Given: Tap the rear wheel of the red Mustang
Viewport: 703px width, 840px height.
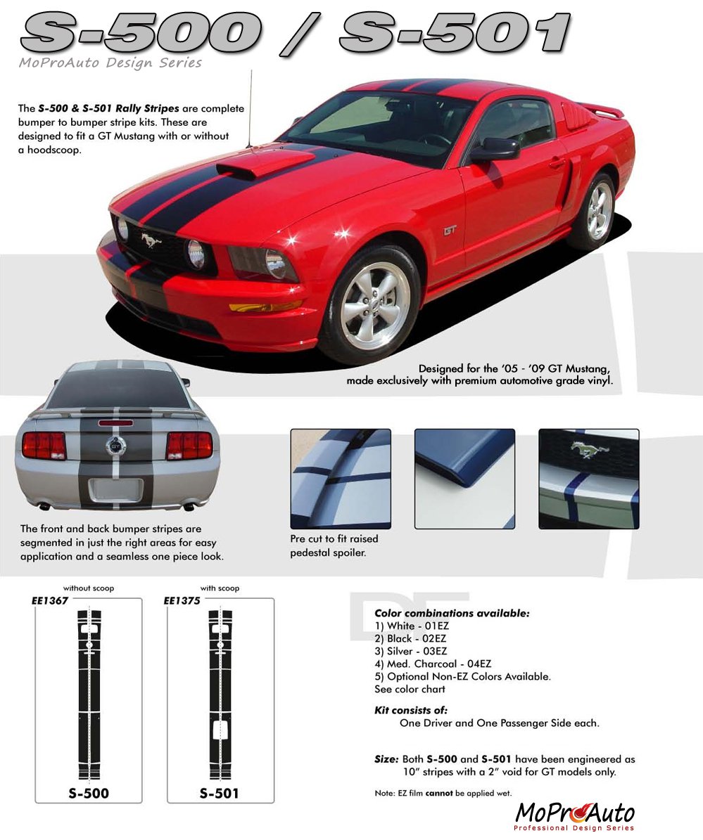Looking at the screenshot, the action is coord(597,211).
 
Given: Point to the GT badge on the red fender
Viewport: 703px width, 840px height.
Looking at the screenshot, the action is coord(450,231).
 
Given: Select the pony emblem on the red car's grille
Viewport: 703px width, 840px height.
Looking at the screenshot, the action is coord(151,240).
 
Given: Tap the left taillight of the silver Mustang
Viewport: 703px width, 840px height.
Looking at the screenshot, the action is coord(44,446).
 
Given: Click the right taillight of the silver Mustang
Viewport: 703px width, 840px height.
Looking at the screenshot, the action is coord(189,446).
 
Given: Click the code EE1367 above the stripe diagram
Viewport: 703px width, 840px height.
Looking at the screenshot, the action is coord(50,600).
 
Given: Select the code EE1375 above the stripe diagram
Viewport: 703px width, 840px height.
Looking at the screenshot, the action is coord(182,600).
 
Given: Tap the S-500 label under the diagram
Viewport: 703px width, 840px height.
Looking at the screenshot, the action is coord(89,794).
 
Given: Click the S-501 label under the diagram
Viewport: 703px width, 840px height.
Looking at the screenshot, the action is coord(220,794).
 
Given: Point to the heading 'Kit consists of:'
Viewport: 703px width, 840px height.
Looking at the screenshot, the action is coord(411,711).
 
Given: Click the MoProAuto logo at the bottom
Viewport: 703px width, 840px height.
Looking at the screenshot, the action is coord(574,816).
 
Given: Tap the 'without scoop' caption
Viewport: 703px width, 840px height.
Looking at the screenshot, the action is coord(89,588).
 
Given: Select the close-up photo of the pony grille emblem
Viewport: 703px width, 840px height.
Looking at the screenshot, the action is coord(589,479).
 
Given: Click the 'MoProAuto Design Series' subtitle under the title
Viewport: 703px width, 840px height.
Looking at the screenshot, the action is coord(110,63).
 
